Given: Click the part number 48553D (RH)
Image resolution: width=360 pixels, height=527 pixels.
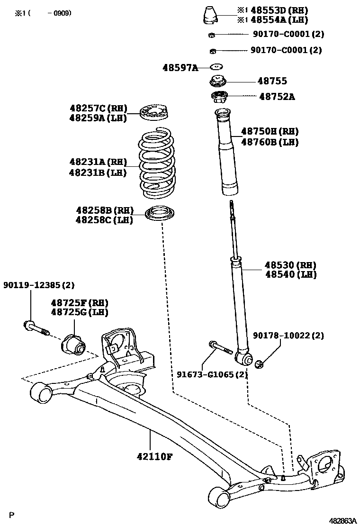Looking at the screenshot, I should pos(279,10).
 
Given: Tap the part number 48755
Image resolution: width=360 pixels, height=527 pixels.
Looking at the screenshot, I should pos(272,82).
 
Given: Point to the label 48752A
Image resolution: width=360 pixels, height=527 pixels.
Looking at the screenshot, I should pos(277,97).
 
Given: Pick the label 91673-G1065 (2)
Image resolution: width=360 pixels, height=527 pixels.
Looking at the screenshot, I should pos(213,374).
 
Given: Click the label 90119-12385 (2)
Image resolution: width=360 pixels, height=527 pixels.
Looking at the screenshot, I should pos(39,285).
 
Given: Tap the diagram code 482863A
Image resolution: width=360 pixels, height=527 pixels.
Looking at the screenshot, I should pos(343,520).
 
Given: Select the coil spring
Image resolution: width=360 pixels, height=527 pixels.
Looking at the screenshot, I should pos(157,164).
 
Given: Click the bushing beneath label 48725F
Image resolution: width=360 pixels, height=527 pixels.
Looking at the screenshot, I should pos(72,344).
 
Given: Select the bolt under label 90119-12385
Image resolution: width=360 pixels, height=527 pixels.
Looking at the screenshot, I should pos(36,328).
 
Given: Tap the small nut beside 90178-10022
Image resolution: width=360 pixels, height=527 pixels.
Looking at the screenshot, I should pos(259,364).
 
